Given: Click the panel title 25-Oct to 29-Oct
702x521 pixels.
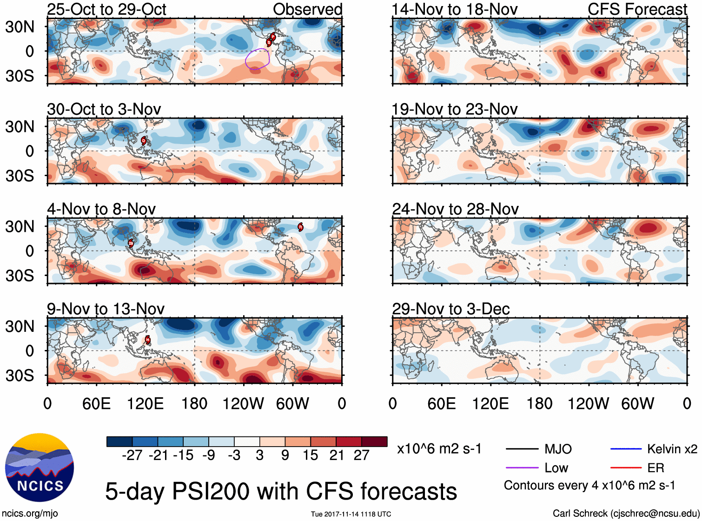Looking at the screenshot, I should (106, 9).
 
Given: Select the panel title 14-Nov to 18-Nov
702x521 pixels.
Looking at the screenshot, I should (454, 9).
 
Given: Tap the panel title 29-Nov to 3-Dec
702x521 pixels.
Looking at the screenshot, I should (450, 309).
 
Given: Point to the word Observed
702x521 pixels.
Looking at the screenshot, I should (307, 9).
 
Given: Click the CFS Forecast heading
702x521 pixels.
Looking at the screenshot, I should (637, 9).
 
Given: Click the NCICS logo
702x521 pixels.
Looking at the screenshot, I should (40, 468).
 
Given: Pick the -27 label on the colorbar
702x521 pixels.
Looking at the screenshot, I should (132, 455).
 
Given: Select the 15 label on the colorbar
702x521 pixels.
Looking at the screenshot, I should (310, 455).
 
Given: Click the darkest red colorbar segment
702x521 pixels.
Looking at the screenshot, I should (374, 442).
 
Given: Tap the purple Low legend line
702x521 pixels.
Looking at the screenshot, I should (522, 468).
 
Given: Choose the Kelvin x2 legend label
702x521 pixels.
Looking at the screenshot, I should (672, 449).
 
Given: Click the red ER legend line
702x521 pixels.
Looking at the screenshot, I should (626, 468).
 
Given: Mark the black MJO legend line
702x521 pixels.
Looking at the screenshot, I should (522, 449).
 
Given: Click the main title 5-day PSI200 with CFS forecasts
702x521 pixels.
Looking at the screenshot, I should (281, 492).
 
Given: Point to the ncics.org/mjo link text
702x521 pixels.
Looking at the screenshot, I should (30, 514).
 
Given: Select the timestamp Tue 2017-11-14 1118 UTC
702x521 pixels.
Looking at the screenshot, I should (351, 514).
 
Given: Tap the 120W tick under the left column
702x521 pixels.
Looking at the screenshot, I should (243, 403).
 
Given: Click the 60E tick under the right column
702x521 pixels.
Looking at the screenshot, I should (442, 403).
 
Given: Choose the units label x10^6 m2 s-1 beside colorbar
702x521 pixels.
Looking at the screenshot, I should (439, 449).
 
